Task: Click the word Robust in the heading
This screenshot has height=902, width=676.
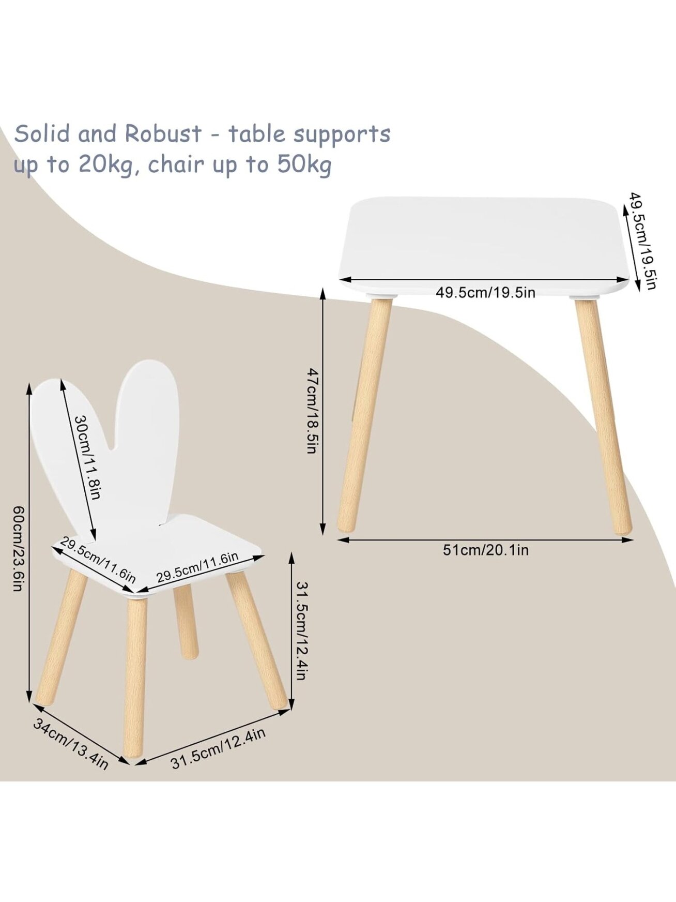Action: click(163, 133)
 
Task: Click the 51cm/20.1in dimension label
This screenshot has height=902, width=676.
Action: click(485, 550)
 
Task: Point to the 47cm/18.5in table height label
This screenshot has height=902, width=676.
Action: click(312, 411)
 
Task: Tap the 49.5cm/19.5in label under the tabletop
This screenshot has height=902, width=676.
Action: click(485, 293)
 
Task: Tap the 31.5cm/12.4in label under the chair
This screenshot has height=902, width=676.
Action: click(218, 748)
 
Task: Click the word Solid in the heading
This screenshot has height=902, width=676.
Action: click(42, 133)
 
